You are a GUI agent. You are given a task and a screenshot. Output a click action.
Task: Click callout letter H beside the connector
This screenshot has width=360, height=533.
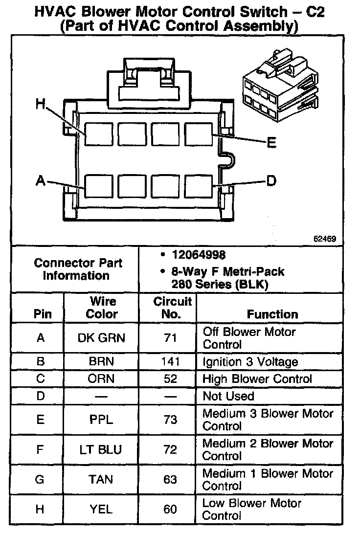coord(41,104)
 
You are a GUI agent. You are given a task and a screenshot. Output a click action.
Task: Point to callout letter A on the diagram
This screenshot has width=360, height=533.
coord(41,181)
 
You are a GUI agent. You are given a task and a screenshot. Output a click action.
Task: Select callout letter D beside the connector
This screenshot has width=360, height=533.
coord(271,181)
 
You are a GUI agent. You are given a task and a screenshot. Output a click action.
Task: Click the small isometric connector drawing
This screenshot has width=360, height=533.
coord(278,90)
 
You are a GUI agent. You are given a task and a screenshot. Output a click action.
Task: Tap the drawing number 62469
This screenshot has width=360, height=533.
coord(325,239)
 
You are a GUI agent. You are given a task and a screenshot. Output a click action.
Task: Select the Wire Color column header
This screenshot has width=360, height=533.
coord(102,308)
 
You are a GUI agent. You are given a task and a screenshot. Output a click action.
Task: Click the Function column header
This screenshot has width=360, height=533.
coord(272,314)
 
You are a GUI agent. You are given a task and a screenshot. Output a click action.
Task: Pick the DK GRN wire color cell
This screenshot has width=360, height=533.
coord(102,337)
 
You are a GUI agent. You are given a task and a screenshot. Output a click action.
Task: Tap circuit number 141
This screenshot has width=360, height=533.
coord(170,362)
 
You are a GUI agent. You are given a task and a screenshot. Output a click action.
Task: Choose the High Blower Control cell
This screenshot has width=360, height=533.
coord(257,379)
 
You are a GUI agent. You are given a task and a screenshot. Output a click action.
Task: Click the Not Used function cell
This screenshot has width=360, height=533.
coord(228,396)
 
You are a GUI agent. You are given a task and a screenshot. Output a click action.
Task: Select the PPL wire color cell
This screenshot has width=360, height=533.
coord(102,420)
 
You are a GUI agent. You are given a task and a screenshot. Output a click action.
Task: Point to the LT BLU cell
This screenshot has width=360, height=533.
coord(102,449)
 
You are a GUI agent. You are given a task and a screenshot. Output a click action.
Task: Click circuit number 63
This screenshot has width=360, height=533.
coord(170,479)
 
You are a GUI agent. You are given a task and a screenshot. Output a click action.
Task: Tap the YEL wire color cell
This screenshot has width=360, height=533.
coord(102,509)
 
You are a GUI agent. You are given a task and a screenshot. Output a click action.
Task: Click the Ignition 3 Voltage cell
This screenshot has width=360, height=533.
coord(250,362)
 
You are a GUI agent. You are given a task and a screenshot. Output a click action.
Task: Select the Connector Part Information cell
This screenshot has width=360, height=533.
coord(78,269)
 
